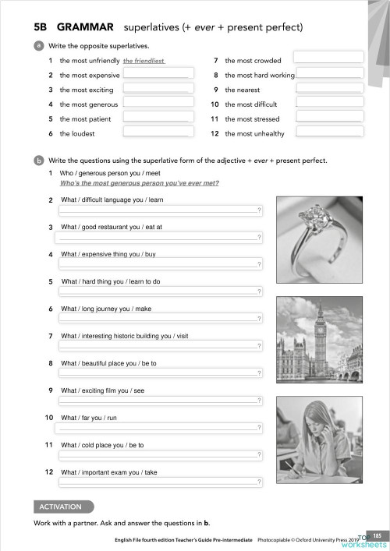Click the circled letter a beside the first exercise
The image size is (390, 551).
click(x=38, y=46)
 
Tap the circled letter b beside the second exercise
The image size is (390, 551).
click(x=38, y=161)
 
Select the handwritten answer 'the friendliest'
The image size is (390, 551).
click(x=144, y=61)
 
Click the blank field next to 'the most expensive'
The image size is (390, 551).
click(x=157, y=75)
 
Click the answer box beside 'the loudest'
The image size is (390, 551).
click(x=157, y=132)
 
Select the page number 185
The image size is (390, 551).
click(x=375, y=535)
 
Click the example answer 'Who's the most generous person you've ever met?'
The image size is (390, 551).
click(x=139, y=184)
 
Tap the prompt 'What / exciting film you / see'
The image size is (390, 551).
click(x=102, y=390)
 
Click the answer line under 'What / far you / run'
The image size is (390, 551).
click(x=157, y=428)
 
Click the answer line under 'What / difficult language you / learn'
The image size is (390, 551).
click(x=157, y=210)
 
